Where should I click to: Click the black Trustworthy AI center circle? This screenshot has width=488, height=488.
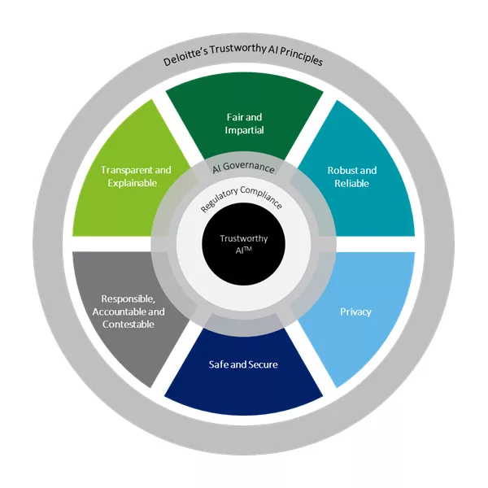[x=244, y=244]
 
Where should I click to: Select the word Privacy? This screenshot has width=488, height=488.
[x=355, y=312]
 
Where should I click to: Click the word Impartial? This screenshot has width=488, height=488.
[x=244, y=130]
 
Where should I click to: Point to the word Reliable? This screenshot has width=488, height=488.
[x=352, y=184]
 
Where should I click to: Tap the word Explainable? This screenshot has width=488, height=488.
[x=136, y=183]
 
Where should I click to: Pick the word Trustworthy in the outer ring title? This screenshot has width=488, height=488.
[x=235, y=62]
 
